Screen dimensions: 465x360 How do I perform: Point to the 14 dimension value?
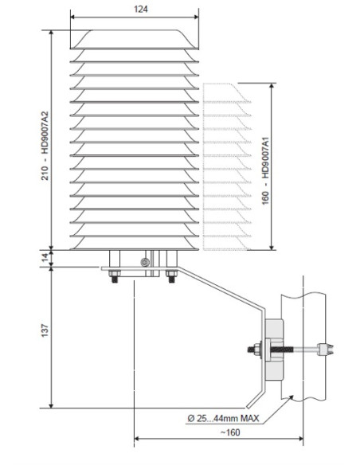[x=45, y=256]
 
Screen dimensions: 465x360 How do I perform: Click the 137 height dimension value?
[x=45, y=328]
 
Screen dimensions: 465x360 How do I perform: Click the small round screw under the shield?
[x=143, y=263]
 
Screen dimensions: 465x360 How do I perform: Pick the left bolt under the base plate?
[x=114, y=276]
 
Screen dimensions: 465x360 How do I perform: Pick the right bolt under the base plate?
[x=170, y=276]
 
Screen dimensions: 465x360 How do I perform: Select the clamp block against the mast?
[x=275, y=349]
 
